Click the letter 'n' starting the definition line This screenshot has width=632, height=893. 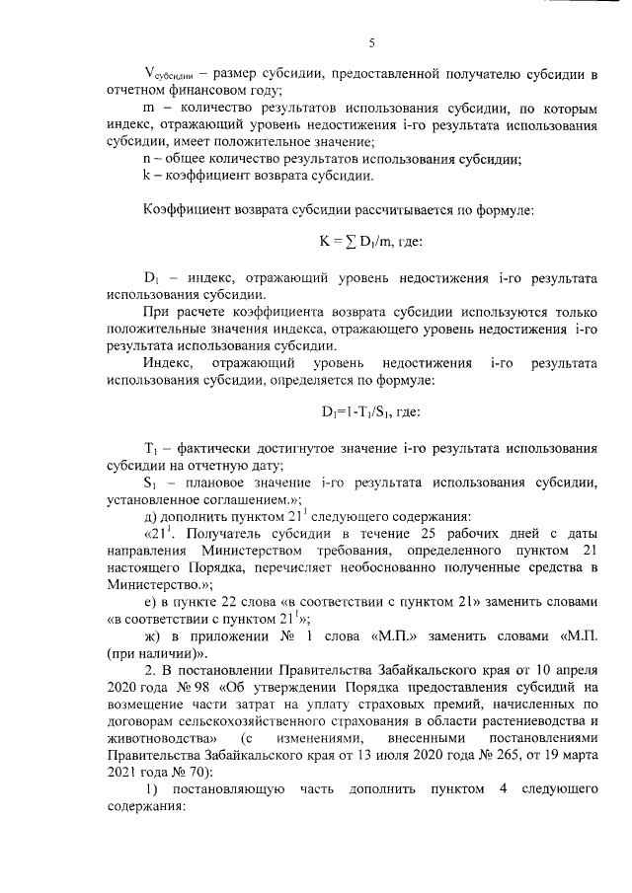147,159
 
